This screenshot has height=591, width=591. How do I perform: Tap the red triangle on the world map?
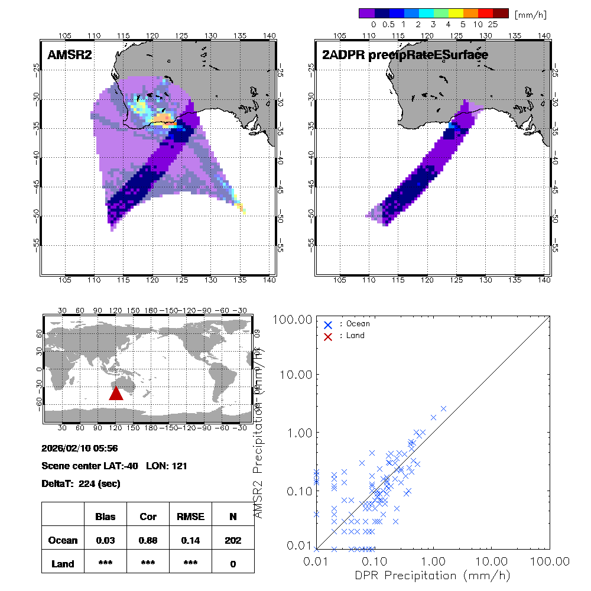click(116, 393)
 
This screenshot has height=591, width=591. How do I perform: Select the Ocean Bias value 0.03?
click(105, 540)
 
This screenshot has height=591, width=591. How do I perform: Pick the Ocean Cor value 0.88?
click(148, 540)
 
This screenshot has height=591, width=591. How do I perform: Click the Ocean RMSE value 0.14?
click(190, 540)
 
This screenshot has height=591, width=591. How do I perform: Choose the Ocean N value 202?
click(233, 540)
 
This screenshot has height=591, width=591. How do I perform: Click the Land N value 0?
click(233, 564)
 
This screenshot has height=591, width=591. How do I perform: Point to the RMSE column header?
click(190, 517)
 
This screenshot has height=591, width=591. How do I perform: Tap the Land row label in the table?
click(63, 564)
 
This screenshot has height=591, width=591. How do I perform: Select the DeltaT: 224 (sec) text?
click(81, 483)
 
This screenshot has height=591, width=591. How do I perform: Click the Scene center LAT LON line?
click(115, 466)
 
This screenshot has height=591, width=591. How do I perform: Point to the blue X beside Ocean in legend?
click(328, 324)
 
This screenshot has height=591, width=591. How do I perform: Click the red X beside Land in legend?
click(328, 336)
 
